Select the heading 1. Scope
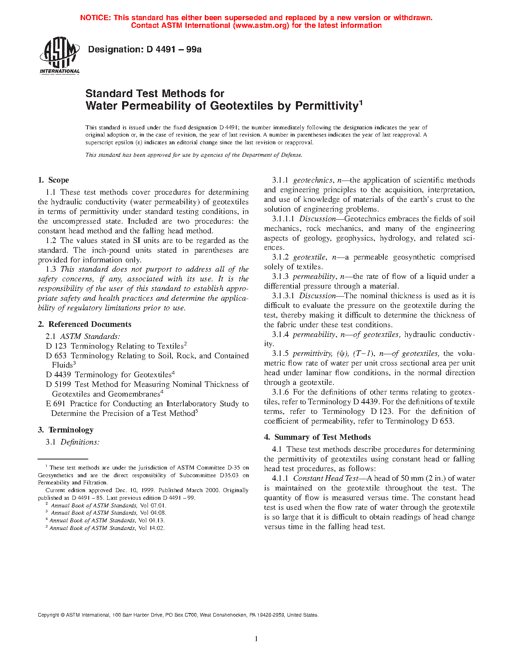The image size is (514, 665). coord(54,180)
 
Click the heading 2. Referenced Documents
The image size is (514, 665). coord(85,324)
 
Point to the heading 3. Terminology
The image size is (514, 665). coord(66,430)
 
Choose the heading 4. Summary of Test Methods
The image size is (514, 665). coord(317,437)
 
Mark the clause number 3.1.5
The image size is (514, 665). coord(280,353)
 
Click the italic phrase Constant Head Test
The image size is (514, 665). coord(325,478)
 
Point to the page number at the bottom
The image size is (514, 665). coord(256,639)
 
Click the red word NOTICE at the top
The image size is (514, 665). coord(95,18)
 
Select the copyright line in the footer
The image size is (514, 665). coord(178,615)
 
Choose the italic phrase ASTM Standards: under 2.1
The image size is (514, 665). coord(90,337)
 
